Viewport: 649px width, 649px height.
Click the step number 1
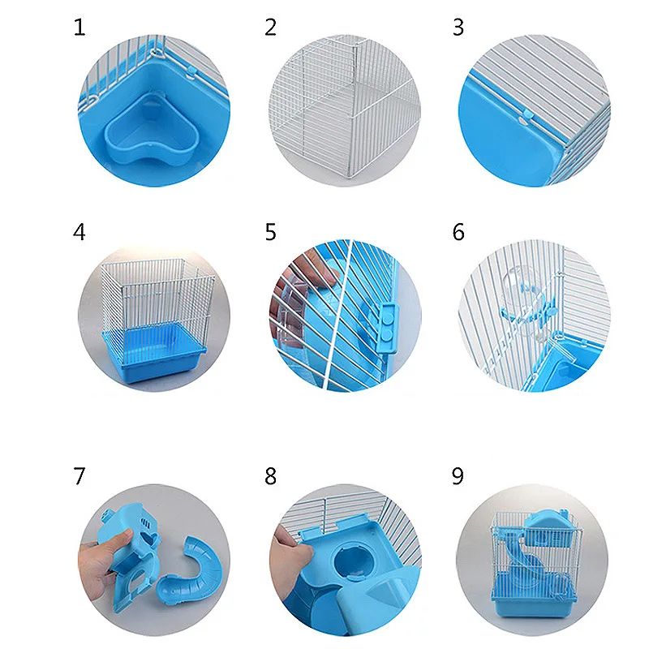point(80,28)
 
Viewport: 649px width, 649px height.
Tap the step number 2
point(271,28)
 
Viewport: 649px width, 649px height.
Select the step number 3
point(458,28)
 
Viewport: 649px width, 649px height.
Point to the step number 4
point(79,232)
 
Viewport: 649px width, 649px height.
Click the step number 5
point(271,232)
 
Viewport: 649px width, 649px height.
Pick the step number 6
point(458,232)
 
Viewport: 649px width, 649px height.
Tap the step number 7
point(79,476)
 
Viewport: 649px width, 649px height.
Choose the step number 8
point(271,476)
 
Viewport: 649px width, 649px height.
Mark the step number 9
point(458,476)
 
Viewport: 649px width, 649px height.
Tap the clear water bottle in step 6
point(522,298)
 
